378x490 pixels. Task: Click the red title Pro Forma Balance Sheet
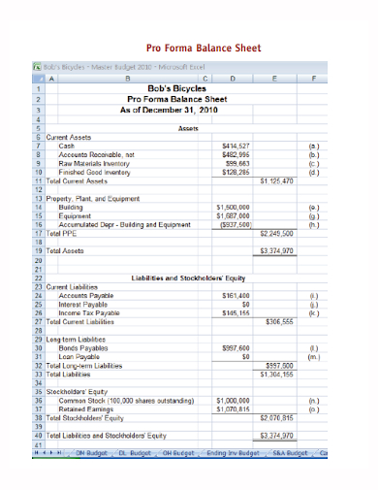[x=203, y=47]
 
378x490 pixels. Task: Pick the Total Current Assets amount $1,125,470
[x=276, y=180]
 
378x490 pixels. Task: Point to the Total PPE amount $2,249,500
[x=276, y=233]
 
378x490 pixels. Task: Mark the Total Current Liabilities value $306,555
[x=279, y=321]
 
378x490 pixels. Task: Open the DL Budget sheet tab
[x=135, y=453]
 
